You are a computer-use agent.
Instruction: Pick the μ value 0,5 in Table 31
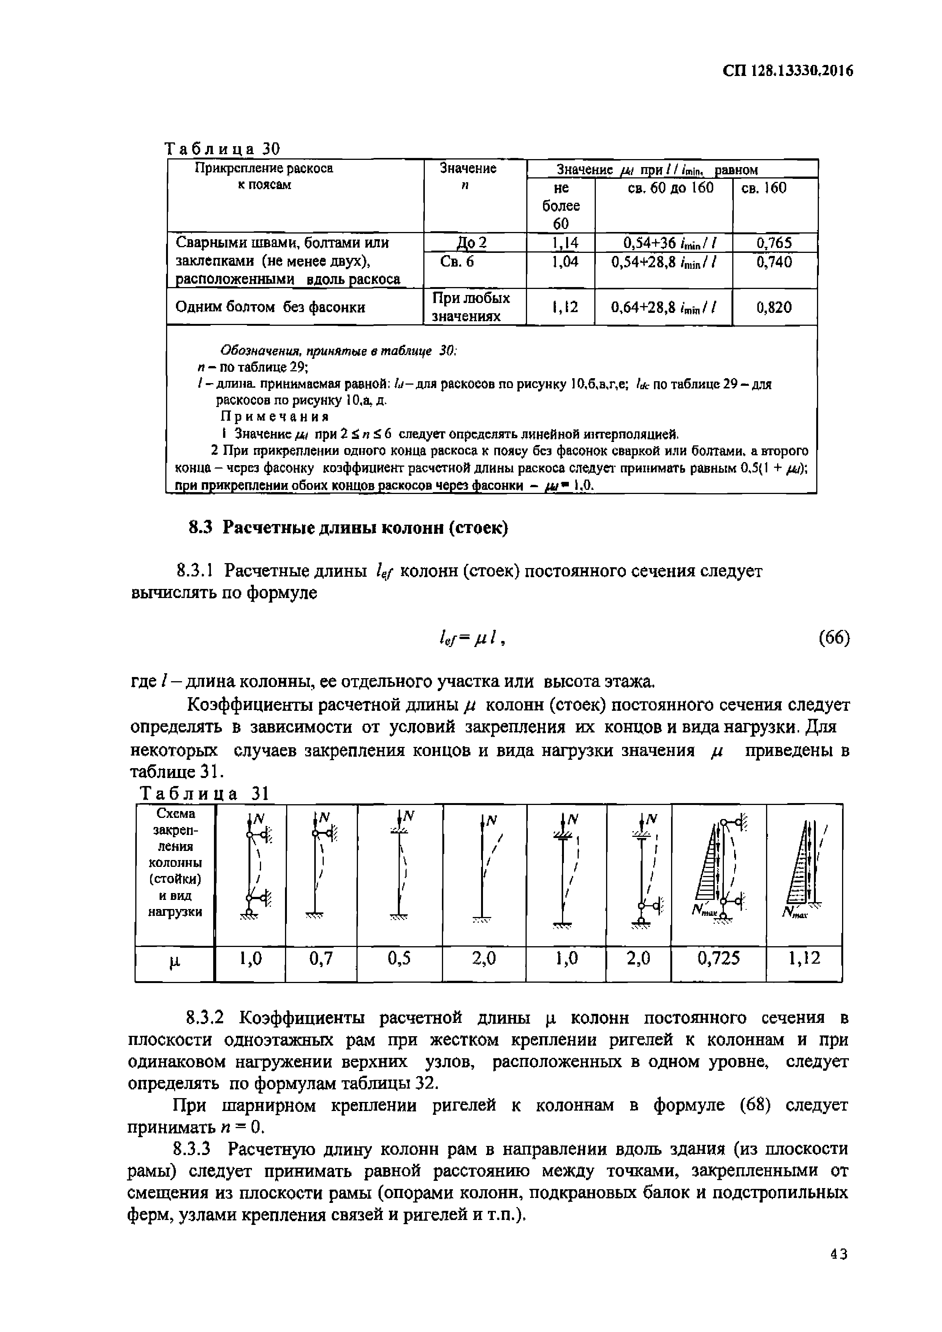[399, 958]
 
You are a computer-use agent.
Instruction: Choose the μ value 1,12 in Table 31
[804, 958]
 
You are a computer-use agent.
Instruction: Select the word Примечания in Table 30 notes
[275, 417]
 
